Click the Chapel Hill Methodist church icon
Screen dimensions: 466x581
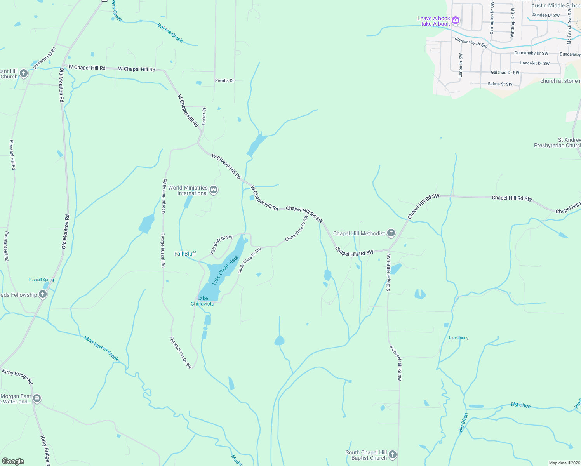point(391,233)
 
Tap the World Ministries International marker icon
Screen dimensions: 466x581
point(213,190)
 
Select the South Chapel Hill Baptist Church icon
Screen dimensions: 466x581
point(393,455)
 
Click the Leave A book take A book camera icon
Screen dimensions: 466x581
point(456,21)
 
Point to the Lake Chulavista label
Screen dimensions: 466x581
point(202,301)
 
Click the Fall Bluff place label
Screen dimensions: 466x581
point(185,254)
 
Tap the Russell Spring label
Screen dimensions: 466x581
point(42,280)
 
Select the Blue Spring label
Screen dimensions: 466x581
point(459,337)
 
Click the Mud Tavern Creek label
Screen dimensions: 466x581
point(101,348)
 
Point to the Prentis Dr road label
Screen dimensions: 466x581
point(224,80)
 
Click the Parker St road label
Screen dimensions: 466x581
point(204,116)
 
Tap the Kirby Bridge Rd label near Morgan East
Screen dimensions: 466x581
point(17,377)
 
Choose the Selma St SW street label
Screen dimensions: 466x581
point(500,84)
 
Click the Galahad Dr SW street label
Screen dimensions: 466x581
point(505,73)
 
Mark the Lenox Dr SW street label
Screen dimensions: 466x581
point(461,65)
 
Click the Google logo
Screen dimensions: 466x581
point(13,461)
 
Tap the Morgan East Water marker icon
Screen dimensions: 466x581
point(37,398)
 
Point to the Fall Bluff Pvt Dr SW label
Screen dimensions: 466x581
point(181,352)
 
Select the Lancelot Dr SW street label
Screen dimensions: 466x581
point(535,63)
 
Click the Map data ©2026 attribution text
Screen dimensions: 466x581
point(564,463)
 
